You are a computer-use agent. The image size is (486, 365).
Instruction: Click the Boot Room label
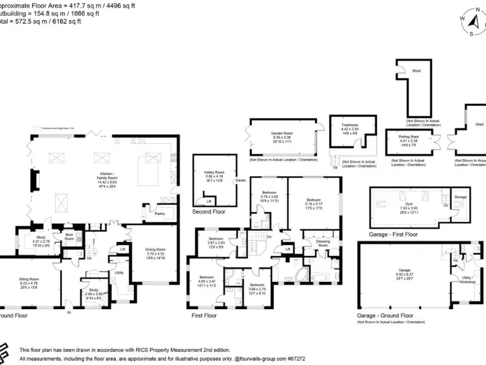pos(69,237)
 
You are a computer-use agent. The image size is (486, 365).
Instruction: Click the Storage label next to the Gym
pos(461,197)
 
